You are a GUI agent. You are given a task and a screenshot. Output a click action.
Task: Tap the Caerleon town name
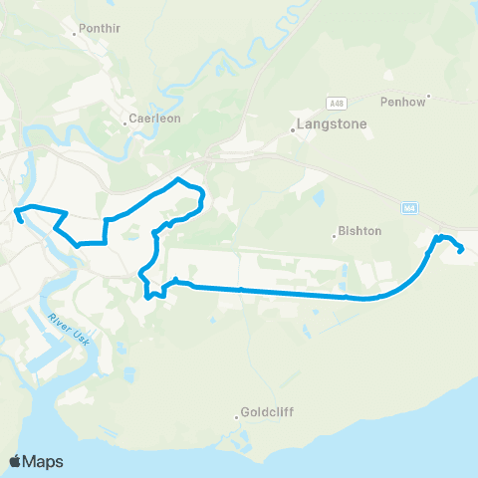point(151,118)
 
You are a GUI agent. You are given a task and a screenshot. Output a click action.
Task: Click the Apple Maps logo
point(35,461)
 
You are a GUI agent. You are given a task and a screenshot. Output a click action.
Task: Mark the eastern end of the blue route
point(460,251)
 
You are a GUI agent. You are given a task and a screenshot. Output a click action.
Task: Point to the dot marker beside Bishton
point(335,236)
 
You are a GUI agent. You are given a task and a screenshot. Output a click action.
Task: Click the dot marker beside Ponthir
point(76,33)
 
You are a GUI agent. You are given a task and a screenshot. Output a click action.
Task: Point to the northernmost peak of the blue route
point(178,179)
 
